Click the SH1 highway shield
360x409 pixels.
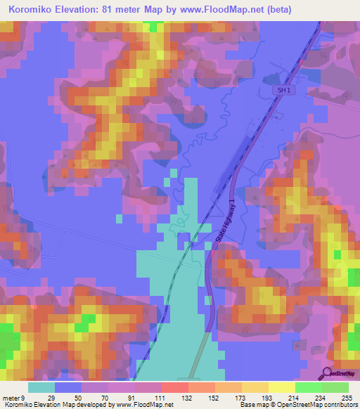click(282, 91)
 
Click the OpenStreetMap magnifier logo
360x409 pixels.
click(327, 374)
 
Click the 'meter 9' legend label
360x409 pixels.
click(13, 398)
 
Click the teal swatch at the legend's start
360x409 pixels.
click(41, 387)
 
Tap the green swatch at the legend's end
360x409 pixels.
click(335, 387)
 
